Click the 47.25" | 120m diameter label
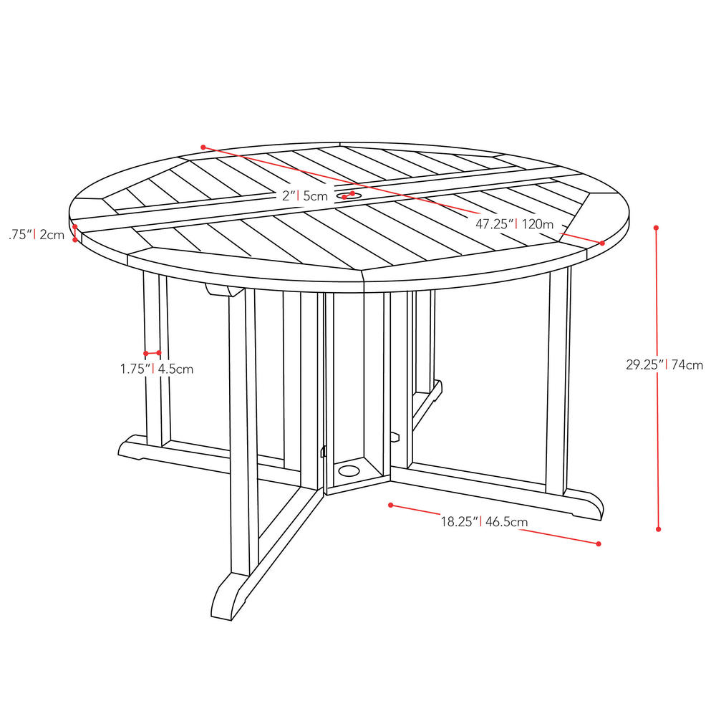point(515,223)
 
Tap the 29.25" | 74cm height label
point(664,364)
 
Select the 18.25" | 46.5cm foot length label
point(484,521)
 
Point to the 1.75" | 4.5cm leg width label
point(157,369)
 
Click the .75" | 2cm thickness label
point(37,233)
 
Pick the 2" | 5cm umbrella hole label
point(304,195)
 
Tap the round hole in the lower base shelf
point(350,471)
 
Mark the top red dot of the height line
point(656,228)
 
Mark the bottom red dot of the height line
point(658,529)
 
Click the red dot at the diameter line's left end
point(203,147)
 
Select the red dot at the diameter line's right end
point(602,243)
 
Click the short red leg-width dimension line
point(152,353)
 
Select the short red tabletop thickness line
point(74,234)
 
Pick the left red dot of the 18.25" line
point(390,505)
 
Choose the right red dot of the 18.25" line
point(598,544)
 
